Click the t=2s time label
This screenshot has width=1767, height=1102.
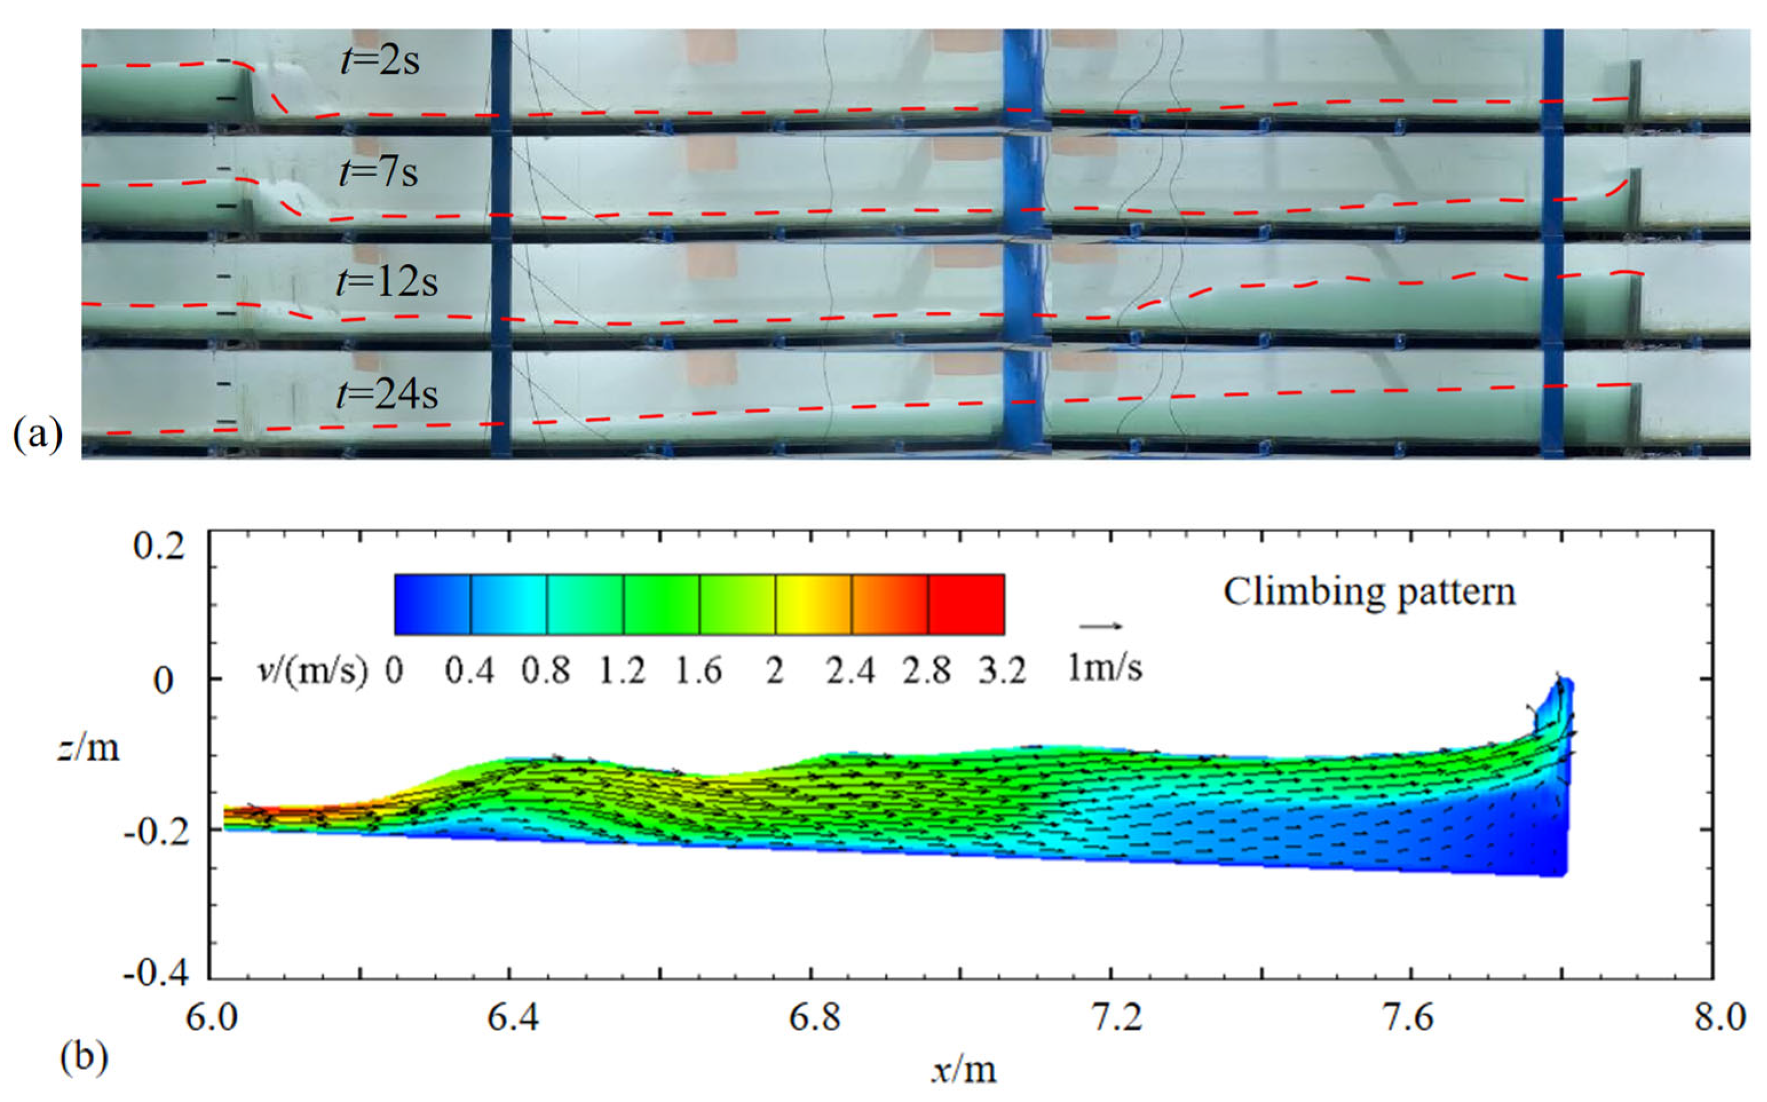click(x=379, y=61)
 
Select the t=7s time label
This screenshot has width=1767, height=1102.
click(x=378, y=173)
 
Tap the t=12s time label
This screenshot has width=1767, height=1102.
click(x=387, y=282)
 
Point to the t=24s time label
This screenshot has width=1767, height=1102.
click(x=387, y=394)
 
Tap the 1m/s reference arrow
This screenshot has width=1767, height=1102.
click(x=1101, y=625)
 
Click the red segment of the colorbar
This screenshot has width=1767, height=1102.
click(x=966, y=604)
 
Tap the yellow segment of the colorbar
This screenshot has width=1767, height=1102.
click(x=813, y=604)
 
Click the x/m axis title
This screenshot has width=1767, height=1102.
click(x=963, y=1070)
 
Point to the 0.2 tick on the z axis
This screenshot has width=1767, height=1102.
click(x=160, y=546)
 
